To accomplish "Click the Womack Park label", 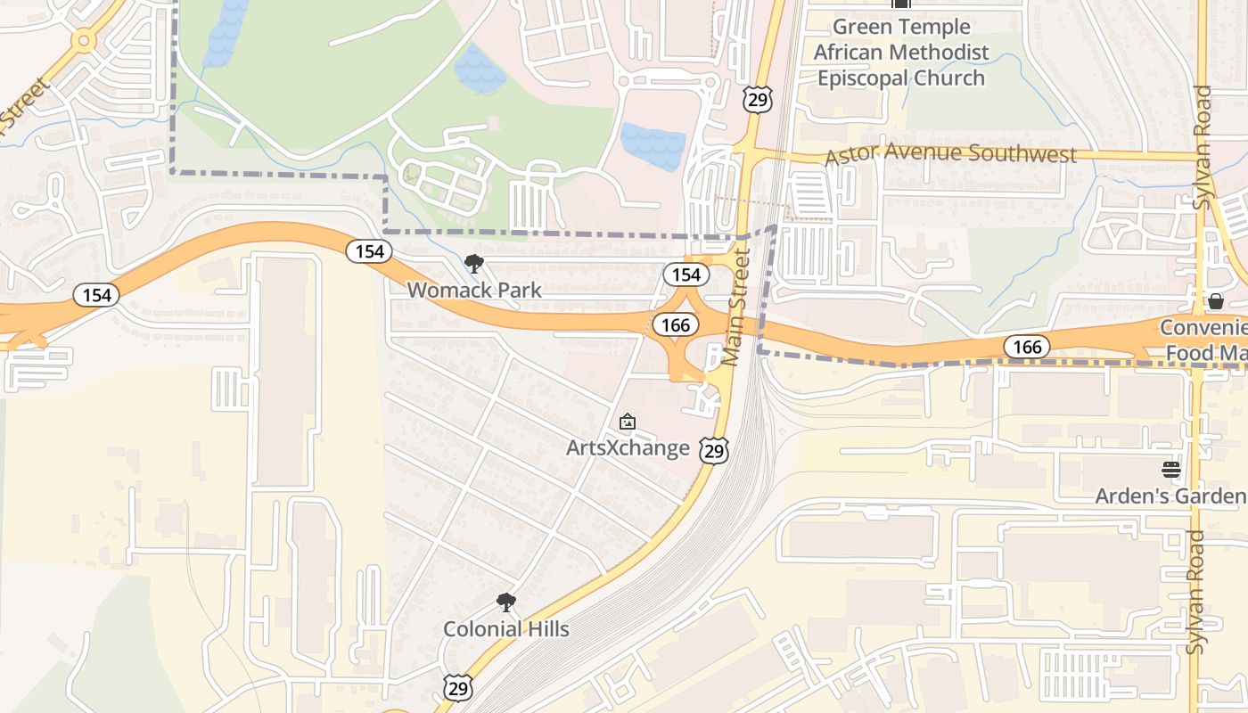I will coord(474,290).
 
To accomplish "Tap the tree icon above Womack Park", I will coord(474,263).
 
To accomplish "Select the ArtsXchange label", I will coord(628,447).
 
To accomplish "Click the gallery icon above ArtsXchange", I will coord(628,421).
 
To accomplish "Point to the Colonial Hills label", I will coord(506,629).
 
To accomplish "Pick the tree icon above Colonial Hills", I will coord(506,602).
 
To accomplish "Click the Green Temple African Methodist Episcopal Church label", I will coord(901,52).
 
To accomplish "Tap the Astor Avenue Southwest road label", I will coord(950,154).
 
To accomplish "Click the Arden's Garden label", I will coord(1170,496).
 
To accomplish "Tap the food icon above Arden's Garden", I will coord(1170,470).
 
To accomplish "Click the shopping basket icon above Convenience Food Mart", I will coord(1215,301).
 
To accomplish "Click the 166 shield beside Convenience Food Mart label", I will coord(1026,347).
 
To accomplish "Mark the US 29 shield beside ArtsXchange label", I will coord(713,450).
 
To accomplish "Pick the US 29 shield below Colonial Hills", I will coord(458,686).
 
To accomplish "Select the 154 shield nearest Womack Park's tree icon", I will coord(369,251).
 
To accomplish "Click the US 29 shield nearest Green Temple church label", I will coord(757,100).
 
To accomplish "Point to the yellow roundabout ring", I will coord(84,39).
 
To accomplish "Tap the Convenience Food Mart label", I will coord(1203,340).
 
